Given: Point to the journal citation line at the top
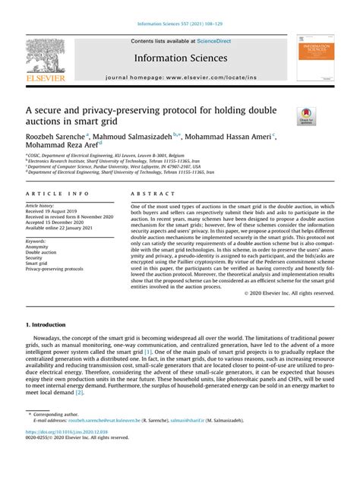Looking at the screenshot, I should (x=179, y=24).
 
